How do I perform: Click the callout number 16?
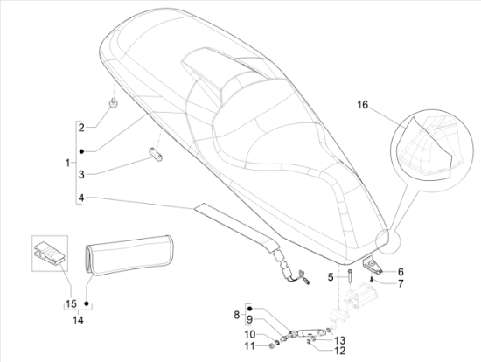(x=362, y=107)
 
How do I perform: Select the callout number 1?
(x=68, y=164)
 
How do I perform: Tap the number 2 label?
(x=81, y=129)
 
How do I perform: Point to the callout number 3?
(x=81, y=174)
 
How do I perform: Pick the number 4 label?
(x=81, y=198)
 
